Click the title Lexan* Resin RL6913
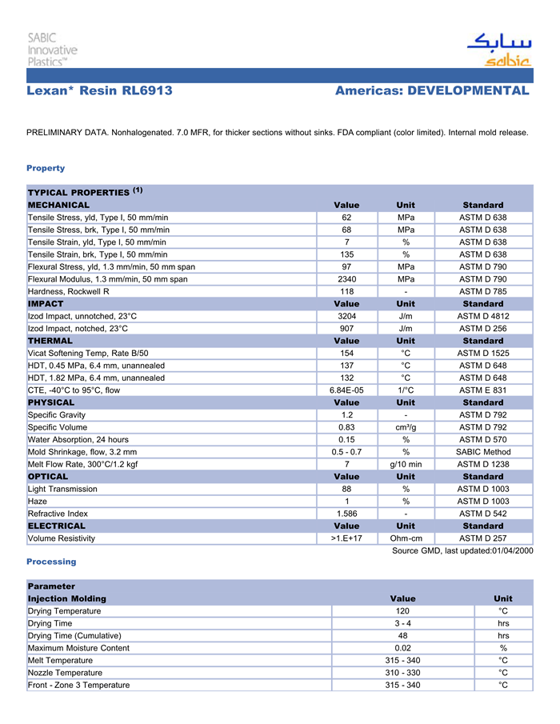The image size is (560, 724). [99, 90]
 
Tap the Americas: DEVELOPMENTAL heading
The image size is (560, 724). [432, 90]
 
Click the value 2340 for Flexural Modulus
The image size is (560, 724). [346, 279]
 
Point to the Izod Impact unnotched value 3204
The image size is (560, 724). [346, 316]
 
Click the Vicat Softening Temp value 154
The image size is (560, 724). [346, 353]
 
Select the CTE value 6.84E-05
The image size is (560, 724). [346, 390]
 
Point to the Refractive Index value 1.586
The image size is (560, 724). [346, 514]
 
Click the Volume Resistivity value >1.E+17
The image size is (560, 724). [346, 538]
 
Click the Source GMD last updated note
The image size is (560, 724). [462, 551]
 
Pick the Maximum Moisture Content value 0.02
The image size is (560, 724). [402, 648]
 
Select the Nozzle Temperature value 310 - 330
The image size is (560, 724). [402, 673]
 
